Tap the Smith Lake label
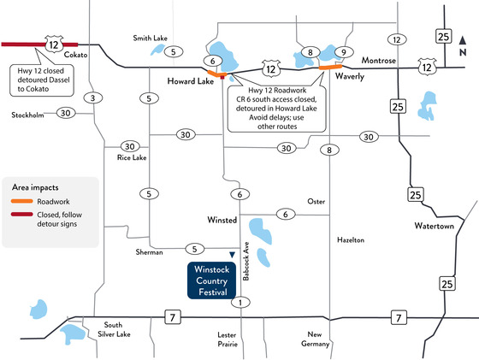(x=151, y=38)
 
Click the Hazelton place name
(x=351, y=241)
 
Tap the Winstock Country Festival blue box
(x=210, y=280)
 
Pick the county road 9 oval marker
(x=344, y=52)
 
